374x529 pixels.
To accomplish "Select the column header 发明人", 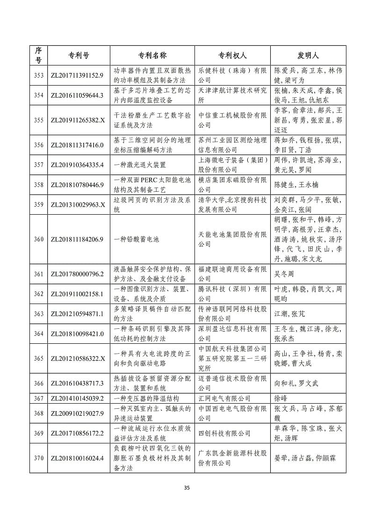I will [x=308, y=55].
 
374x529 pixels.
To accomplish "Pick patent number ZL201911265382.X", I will [x=76, y=120].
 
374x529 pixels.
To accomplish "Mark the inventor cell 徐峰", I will [x=280, y=398].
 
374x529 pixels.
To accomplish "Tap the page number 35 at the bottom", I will [x=187, y=488].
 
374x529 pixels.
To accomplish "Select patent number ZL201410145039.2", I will [x=76, y=398].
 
